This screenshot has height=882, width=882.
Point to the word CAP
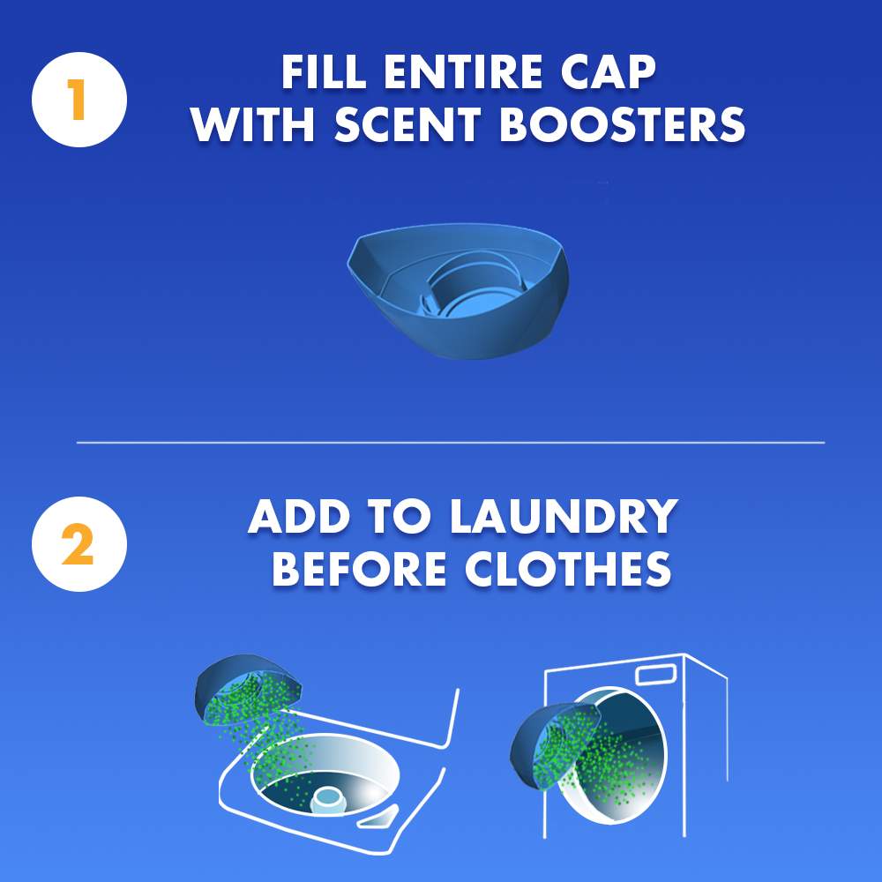click(x=608, y=73)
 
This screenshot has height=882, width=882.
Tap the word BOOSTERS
click(x=623, y=125)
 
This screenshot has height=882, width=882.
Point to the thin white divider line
click(x=450, y=442)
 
